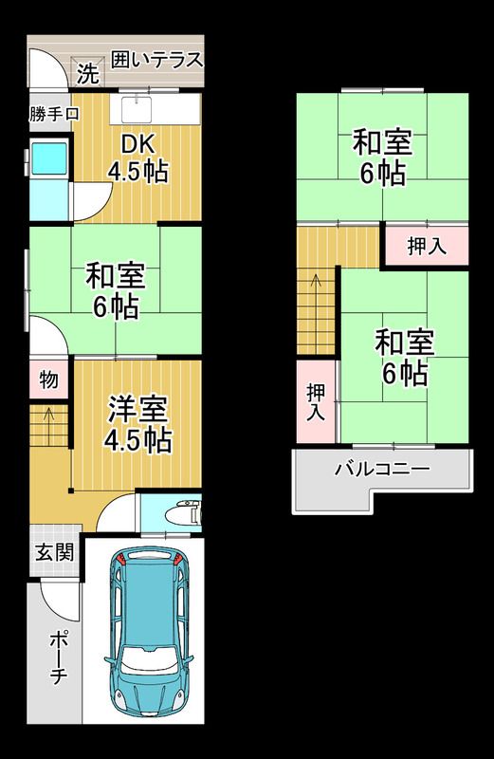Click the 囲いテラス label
coord(156,60)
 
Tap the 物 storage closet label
coord(48,380)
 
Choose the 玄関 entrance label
coord(54,553)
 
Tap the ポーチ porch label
coord(57,659)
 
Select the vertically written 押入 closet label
coord(315,401)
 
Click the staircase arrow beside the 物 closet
coord(46,416)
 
